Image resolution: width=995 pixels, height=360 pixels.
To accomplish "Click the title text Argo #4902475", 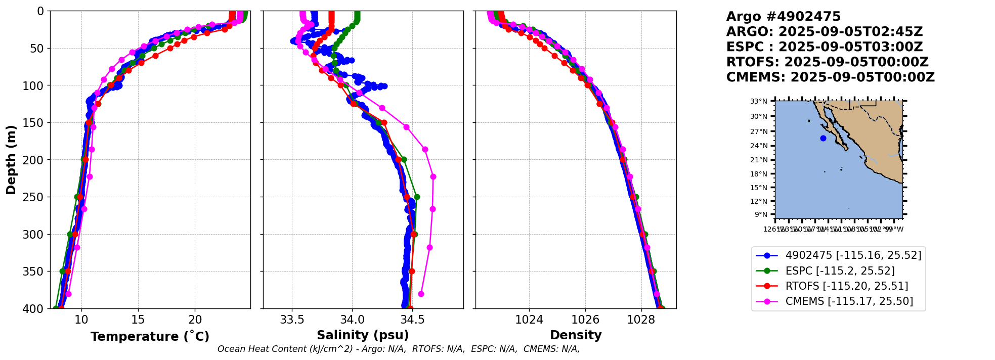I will click(x=783, y=17).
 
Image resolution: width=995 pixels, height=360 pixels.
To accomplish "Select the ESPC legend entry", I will click(x=840, y=271).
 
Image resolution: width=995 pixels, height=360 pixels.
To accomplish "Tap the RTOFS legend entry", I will click(x=846, y=286).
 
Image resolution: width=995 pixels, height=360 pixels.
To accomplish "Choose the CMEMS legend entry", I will click(x=849, y=301).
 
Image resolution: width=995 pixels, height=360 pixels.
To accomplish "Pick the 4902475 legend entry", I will click(x=853, y=255).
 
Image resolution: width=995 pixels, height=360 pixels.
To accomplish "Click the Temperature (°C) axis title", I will click(x=150, y=337).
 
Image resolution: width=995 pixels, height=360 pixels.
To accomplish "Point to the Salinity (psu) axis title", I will click(x=363, y=335).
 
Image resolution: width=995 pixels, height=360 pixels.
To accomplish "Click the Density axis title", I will click(x=576, y=335).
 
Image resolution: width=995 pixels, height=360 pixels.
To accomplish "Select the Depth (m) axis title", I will click(x=11, y=160).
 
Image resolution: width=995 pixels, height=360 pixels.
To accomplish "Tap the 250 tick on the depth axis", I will click(x=36, y=197).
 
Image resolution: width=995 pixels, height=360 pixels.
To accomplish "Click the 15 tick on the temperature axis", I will click(x=138, y=320).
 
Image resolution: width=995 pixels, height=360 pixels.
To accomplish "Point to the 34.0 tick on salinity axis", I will click(x=352, y=320).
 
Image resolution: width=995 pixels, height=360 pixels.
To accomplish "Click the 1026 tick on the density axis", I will click(x=585, y=320).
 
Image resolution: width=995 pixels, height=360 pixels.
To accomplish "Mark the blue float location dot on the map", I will click(x=823, y=138).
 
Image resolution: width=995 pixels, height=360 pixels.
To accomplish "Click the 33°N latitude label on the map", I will click(x=758, y=102).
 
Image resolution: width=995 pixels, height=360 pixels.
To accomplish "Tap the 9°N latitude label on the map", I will click(x=761, y=215).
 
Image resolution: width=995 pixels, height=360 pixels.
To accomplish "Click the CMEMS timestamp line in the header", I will click(x=830, y=77).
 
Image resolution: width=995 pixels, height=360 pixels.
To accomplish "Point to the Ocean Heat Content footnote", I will click(x=399, y=349).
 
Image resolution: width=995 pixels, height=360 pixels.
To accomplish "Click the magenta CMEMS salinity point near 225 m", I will click(x=433, y=176).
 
